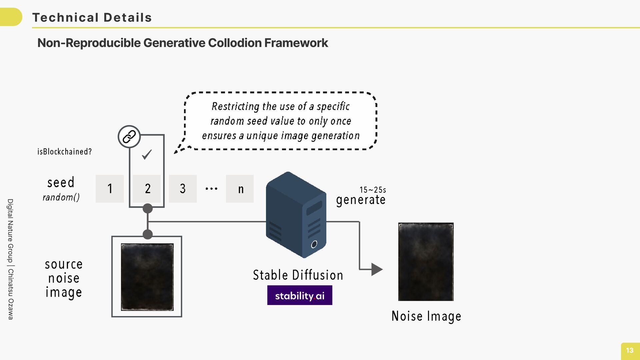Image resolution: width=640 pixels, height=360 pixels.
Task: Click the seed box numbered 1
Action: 110,189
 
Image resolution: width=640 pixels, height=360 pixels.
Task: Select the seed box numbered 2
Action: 147,189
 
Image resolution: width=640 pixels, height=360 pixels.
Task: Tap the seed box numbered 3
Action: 183,189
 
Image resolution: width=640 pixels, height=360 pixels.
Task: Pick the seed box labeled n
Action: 240,189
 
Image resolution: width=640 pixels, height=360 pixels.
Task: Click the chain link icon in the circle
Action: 129,137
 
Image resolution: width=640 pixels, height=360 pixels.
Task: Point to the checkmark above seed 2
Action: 147,154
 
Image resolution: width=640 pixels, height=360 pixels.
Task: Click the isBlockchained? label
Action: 64,152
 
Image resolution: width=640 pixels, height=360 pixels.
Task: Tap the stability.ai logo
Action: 300,295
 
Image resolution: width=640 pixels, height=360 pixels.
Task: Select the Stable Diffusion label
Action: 298,275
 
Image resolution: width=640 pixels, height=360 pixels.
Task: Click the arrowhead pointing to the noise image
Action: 377,269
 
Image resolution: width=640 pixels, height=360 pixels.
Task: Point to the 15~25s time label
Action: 373,190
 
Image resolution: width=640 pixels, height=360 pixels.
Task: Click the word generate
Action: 361,200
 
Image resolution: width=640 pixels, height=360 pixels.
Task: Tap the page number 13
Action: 630,350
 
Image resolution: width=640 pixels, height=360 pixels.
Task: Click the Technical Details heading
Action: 92,17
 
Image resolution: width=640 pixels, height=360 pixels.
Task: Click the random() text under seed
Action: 61,197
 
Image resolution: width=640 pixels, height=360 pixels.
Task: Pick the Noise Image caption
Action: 426,316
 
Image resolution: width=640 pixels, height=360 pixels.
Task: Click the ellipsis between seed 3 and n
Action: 211,189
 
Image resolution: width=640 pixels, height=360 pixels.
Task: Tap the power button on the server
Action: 314,245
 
